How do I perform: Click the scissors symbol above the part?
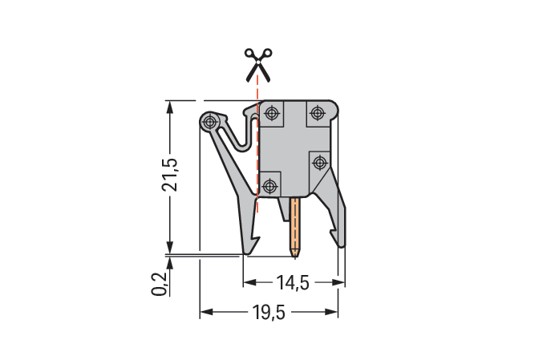tap(258, 65)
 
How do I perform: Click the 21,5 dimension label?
tap(170, 174)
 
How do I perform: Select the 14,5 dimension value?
tap(293, 283)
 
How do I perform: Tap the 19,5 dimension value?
tap(269, 312)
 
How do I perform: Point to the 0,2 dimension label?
tap(159, 284)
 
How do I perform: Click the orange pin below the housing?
tap(295, 227)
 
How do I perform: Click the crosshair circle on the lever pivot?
tap(210, 122)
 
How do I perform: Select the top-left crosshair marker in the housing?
tap(272, 114)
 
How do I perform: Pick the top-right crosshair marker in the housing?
tap(317, 113)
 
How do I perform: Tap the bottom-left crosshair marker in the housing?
tap(269, 186)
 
